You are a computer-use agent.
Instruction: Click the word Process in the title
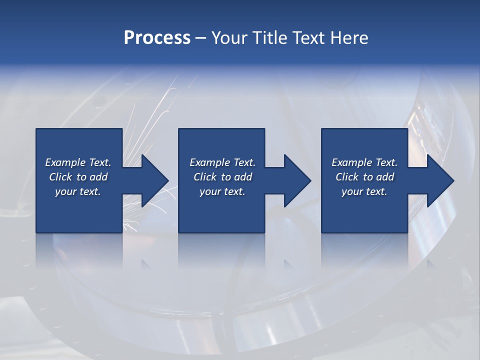[157, 38]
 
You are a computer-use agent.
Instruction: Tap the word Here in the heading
[349, 38]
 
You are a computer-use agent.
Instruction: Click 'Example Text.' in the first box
[78, 162]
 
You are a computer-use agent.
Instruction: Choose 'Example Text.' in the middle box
[222, 162]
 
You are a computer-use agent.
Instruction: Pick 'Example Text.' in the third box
[364, 162]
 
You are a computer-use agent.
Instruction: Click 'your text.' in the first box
[78, 191]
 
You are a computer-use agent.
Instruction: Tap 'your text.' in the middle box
[222, 191]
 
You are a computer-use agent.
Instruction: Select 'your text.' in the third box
[364, 191]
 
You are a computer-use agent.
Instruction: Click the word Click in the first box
[60, 177]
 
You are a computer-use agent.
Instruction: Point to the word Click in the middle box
[205, 177]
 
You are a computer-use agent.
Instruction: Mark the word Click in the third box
[347, 177]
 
